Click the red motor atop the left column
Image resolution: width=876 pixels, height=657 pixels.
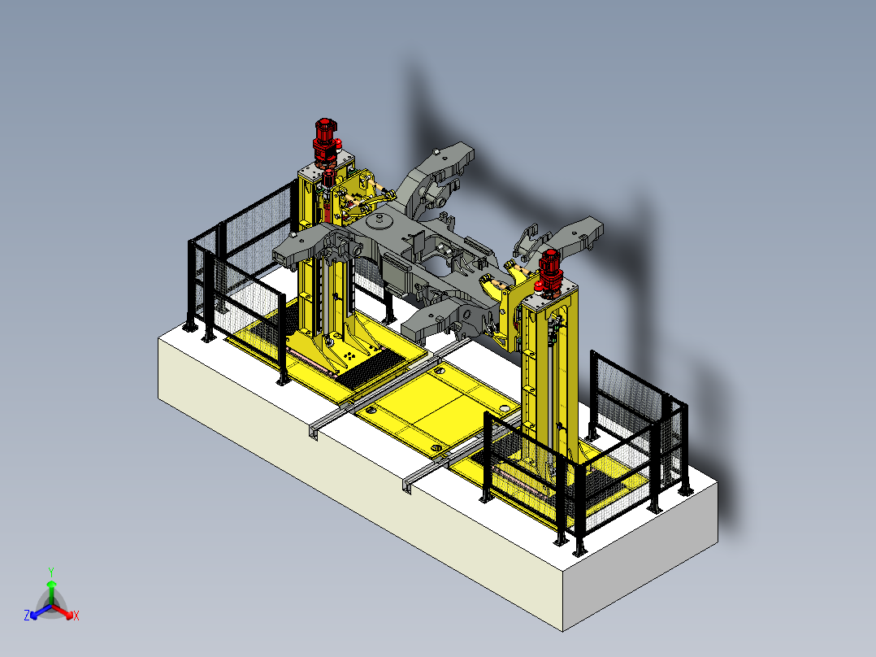tap(324, 141)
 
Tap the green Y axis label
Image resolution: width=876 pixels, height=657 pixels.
tap(51, 572)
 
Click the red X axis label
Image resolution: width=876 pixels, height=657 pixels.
tap(76, 616)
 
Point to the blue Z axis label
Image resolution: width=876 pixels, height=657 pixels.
tap(27, 615)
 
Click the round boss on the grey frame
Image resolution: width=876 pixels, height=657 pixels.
tap(382, 220)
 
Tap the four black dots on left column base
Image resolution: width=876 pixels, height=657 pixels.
tap(349, 355)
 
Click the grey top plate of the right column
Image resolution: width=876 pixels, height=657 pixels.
tap(549, 295)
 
